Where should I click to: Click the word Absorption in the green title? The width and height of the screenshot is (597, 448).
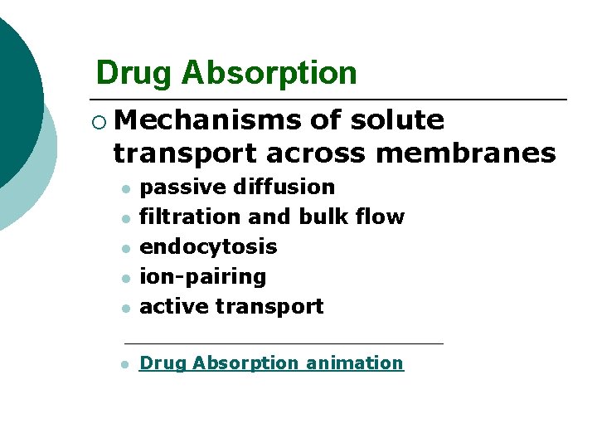point(269,73)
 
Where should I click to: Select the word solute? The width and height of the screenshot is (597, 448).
point(397,120)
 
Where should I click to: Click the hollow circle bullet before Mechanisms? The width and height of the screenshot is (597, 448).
point(100,122)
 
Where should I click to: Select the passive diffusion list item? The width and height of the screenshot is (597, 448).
point(237,187)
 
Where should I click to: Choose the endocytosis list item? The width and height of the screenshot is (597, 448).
point(208,246)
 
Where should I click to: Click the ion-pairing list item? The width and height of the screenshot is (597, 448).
point(203,276)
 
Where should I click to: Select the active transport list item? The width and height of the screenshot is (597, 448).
point(231,306)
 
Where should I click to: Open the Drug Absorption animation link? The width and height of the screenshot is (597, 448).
point(271,363)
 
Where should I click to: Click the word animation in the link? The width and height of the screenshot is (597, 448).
point(355,363)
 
